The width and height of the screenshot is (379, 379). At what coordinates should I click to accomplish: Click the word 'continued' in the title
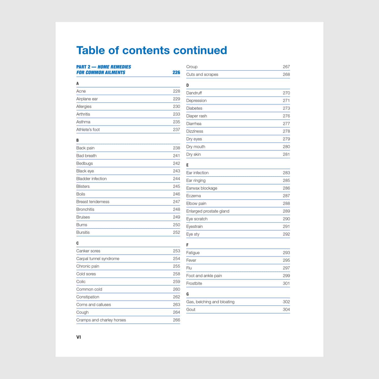[x=200, y=50]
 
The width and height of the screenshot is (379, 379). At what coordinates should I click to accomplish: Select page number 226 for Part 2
[x=176, y=72]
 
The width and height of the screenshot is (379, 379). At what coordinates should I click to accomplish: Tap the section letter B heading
[x=77, y=140]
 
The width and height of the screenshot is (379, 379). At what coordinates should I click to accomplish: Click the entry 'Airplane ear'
[x=87, y=99]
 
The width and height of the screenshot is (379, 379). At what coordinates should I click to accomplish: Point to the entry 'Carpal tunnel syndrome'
[x=98, y=259]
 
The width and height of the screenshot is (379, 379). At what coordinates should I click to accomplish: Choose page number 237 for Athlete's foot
[x=177, y=129]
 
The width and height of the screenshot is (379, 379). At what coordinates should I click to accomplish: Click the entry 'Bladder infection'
[x=92, y=179]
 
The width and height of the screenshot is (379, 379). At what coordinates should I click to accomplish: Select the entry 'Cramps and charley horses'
[x=101, y=320]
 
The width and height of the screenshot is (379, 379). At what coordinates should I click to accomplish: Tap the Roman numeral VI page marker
[x=79, y=337]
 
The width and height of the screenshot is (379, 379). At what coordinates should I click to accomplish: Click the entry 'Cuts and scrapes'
[x=202, y=74]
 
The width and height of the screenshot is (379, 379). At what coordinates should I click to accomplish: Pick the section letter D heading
[x=187, y=85]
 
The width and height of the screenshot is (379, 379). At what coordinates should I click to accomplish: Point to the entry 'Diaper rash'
[x=197, y=116]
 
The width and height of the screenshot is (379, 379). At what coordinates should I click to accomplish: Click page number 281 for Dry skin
[x=286, y=154]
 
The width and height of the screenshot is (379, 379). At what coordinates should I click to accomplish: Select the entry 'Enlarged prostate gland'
[x=208, y=211]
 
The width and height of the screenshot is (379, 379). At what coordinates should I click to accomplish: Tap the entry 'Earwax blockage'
[x=202, y=188]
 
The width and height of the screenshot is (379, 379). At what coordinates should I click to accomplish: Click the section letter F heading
[x=187, y=245]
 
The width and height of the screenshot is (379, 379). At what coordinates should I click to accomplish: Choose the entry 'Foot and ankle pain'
[x=204, y=276]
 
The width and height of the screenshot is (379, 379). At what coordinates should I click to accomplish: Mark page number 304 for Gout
[x=286, y=309]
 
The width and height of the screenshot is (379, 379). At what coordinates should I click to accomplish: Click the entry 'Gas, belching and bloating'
[x=210, y=302]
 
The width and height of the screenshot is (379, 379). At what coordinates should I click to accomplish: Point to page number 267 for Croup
[x=286, y=67]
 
